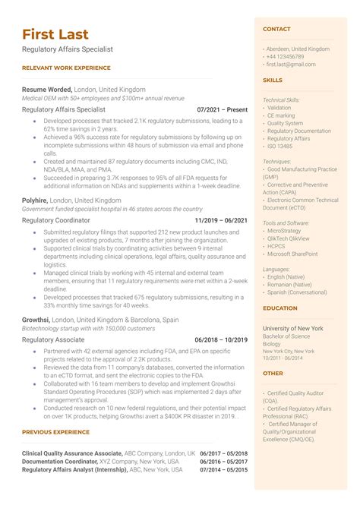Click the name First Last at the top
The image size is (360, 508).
(x=55, y=34)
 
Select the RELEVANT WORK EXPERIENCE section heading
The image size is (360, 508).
(x=66, y=68)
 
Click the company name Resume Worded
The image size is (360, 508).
(x=46, y=89)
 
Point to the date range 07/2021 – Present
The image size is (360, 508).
(x=222, y=109)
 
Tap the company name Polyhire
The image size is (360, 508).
(x=35, y=200)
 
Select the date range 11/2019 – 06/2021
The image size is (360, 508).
(x=221, y=220)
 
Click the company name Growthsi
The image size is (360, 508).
(x=36, y=320)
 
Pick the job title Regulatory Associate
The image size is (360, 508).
(x=53, y=339)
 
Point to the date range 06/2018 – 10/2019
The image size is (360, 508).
(x=221, y=339)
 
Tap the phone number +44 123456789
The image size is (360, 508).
(x=285, y=57)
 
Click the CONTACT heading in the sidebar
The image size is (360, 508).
(x=276, y=30)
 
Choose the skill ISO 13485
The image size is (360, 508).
(x=279, y=146)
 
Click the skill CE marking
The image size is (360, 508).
(x=281, y=115)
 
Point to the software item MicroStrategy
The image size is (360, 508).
(x=287, y=230)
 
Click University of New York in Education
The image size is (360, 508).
(x=292, y=328)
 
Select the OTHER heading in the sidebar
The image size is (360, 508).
(x=273, y=373)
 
